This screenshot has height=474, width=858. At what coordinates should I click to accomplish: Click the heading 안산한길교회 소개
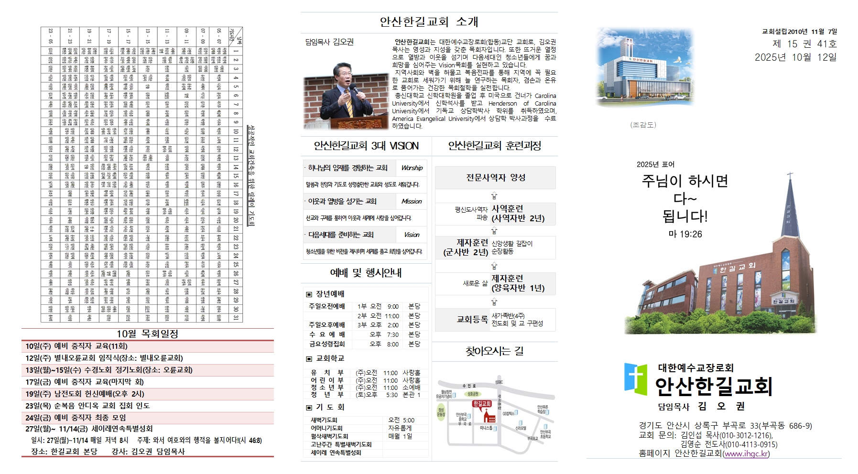click(428, 22)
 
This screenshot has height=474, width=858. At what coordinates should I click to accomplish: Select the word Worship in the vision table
click(412, 168)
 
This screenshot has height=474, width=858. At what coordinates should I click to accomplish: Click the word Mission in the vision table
click(412, 202)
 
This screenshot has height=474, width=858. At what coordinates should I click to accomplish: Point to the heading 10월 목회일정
click(147, 334)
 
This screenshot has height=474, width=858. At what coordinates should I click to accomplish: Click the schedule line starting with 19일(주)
click(85, 394)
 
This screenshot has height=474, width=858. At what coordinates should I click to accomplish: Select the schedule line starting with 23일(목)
click(87, 406)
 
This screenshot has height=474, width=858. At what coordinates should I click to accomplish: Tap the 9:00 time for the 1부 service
click(393, 306)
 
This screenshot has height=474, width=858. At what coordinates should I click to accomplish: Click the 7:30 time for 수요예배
click(393, 334)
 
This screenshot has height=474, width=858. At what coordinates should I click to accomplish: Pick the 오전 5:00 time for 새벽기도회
click(401, 420)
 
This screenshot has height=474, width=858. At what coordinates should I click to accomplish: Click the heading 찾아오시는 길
click(495, 352)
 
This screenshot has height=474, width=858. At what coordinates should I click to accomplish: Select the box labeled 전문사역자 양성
click(496, 178)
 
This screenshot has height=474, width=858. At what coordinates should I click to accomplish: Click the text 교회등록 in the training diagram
click(472, 319)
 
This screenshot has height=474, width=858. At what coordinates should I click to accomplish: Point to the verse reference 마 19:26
click(685, 234)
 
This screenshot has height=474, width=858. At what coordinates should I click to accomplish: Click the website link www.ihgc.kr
click(746, 453)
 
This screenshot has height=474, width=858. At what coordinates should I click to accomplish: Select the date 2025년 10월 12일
click(795, 57)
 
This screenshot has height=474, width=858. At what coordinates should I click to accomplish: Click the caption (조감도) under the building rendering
click(643, 125)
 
